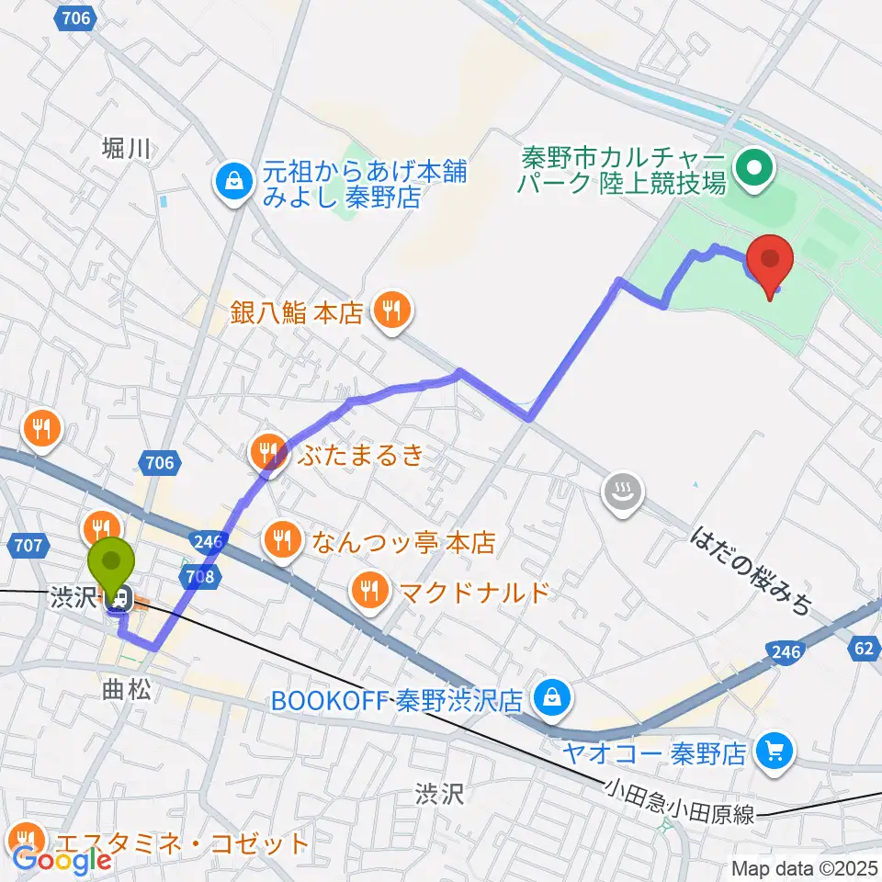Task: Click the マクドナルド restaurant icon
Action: (x=370, y=590)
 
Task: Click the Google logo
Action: (x=62, y=860)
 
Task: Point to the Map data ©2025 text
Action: (x=804, y=867)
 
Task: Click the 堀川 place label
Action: (x=126, y=147)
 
